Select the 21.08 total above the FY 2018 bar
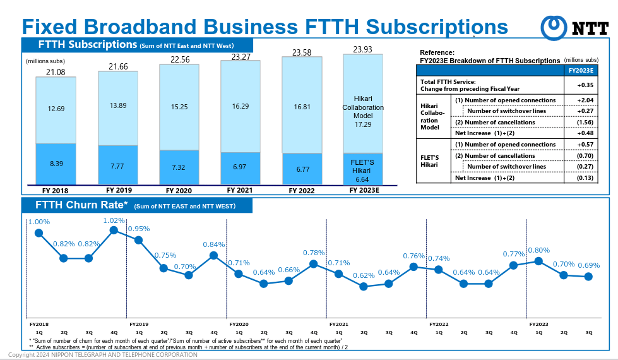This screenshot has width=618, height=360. [x=56, y=72]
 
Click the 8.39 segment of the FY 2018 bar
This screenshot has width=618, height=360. [x=56, y=164]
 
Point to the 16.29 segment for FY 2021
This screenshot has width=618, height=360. [x=241, y=107]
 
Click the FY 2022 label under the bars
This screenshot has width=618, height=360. [x=302, y=190]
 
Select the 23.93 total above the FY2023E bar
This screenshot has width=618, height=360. [x=362, y=49]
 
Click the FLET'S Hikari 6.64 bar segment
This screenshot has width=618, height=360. [x=362, y=170]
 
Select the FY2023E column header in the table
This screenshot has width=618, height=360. [x=581, y=70]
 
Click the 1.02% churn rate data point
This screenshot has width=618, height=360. [x=114, y=230]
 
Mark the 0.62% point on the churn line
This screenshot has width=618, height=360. [x=364, y=286]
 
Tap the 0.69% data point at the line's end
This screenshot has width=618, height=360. [x=588, y=277]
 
